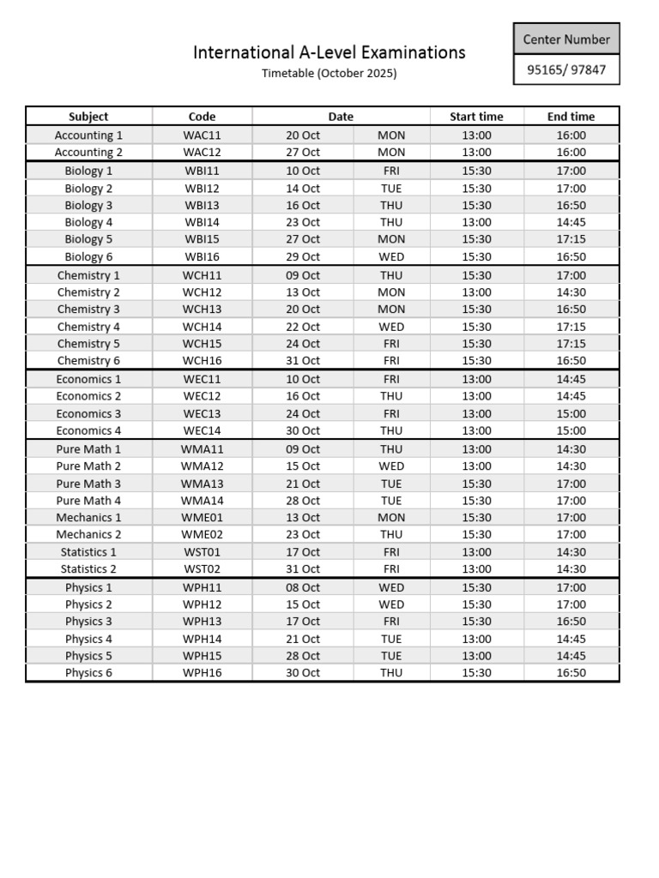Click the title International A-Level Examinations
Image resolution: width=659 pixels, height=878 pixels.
pyautogui.click(x=329, y=52)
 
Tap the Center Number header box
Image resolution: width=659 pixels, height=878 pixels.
pyautogui.click(x=566, y=39)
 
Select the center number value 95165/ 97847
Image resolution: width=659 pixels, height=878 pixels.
pyautogui.click(x=566, y=69)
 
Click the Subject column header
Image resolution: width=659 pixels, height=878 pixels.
pyautogui.click(x=88, y=117)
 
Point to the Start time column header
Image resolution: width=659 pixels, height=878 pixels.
pyautogui.click(x=476, y=117)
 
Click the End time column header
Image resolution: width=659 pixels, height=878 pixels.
pyautogui.click(x=571, y=117)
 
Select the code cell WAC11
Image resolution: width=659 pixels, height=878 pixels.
pyautogui.click(x=202, y=135)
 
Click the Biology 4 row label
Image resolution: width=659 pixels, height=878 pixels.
pyautogui.click(x=88, y=222)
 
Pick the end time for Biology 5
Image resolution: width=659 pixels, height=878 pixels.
pyautogui.click(x=571, y=239)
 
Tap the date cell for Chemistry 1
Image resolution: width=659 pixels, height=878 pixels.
pyautogui.click(x=303, y=275)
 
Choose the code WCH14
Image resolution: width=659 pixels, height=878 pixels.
pyautogui.click(x=202, y=327)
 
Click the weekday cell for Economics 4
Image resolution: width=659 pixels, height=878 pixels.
pyautogui.click(x=391, y=430)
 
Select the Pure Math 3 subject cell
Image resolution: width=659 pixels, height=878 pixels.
pyautogui.click(x=88, y=484)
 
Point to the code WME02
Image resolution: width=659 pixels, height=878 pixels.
pyautogui.click(x=202, y=534)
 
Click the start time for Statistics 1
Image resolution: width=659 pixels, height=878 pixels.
pyautogui.click(x=476, y=552)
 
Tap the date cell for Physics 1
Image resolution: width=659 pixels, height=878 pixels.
pyautogui.click(x=303, y=587)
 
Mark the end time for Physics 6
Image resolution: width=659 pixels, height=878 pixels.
pyautogui.click(x=571, y=673)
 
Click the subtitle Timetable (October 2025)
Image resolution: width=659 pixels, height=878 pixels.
pyautogui.click(x=329, y=74)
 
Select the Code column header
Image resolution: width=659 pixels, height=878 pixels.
pyautogui.click(x=202, y=117)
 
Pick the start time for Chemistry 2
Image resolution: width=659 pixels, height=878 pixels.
pyautogui.click(x=476, y=292)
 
